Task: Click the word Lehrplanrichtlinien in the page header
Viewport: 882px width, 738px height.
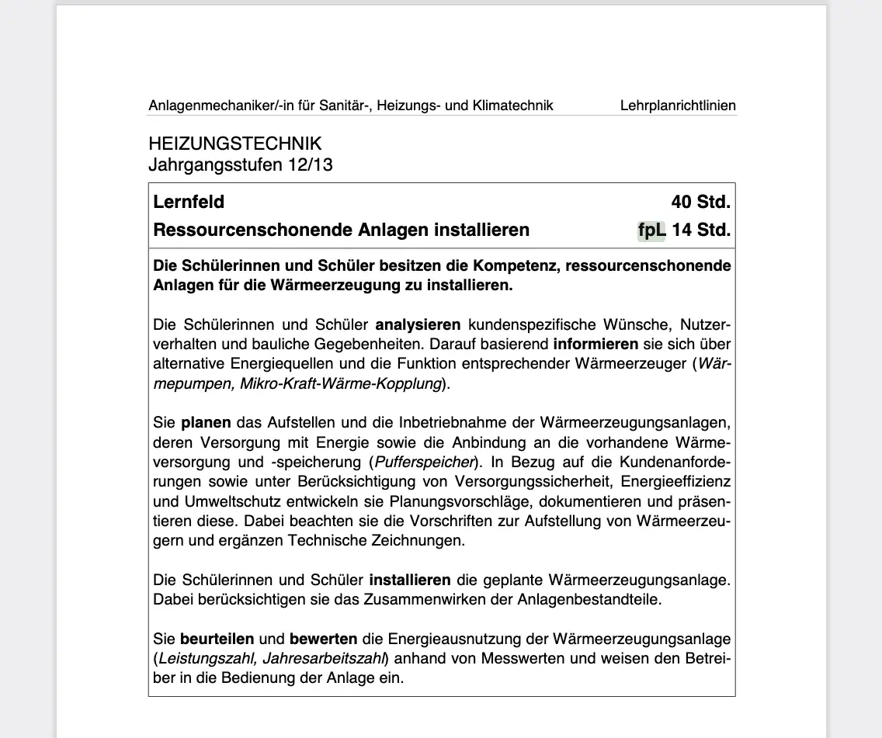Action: click(678, 106)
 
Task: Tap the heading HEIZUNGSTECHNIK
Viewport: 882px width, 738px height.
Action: click(234, 144)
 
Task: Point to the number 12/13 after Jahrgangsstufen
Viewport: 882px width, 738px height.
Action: click(310, 165)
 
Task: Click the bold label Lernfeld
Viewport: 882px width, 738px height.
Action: click(189, 203)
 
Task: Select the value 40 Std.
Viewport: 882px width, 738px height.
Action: click(700, 203)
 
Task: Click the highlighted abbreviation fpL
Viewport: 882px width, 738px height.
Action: click(651, 230)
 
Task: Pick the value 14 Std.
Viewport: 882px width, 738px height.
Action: click(702, 230)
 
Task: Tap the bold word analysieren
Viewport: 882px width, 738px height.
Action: click(418, 324)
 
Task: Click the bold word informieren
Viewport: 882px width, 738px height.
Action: click(596, 344)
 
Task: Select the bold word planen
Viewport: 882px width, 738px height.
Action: click(206, 423)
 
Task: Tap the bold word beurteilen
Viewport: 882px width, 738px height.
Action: click(217, 639)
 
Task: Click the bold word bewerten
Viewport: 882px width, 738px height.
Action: click(323, 639)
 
